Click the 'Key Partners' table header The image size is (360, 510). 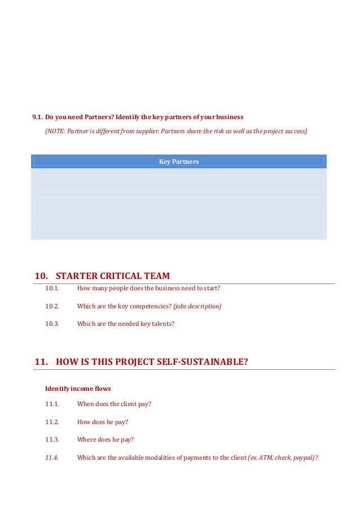tap(179, 162)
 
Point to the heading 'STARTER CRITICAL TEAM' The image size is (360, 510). tap(113, 276)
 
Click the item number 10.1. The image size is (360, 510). tap(52, 288)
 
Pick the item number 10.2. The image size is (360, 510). tap(52, 306)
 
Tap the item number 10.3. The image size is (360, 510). tap(52, 324)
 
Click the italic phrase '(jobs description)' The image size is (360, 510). tap(197, 306)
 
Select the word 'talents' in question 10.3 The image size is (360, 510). tap(164, 324)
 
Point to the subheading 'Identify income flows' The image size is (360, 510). tap(78, 389)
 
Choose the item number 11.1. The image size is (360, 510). tap(52, 404)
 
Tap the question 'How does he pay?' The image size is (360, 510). tap(103, 422)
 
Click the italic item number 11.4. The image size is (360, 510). tap(52, 457)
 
